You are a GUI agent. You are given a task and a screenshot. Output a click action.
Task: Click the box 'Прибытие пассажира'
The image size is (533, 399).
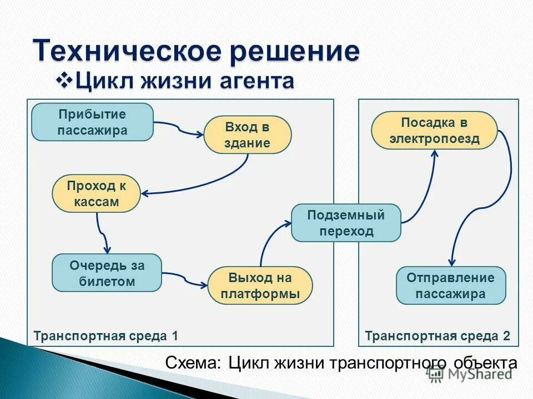pyautogui.click(x=92, y=122)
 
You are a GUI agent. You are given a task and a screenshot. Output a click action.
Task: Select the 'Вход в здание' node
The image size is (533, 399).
pyautogui.click(x=247, y=135)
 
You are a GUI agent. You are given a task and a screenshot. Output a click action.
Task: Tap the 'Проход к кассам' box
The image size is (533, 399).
pyautogui.click(x=96, y=193)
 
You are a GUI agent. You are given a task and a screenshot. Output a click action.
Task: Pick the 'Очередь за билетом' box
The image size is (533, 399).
pyautogui.click(x=107, y=273)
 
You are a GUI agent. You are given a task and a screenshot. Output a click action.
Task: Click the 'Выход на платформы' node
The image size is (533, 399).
pyautogui.click(x=260, y=285)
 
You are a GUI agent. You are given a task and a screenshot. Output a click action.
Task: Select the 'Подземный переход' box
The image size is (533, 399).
pyautogui.click(x=345, y=222)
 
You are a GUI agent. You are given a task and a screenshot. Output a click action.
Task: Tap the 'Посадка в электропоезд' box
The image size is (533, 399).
pyautogui.click(x=434, y=130)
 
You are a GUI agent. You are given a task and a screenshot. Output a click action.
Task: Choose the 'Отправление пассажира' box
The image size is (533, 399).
pyautogui.click(x=450, y=285)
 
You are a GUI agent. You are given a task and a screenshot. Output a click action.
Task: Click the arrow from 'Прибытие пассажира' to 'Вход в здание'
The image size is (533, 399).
pyautogui.click(x=179, y=129)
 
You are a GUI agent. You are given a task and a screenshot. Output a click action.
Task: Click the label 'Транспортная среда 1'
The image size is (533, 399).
pyautogui.click(x=105, y=336)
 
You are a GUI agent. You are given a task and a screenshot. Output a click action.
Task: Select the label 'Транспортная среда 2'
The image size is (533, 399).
pyautogui.click(x=437, y=336)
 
